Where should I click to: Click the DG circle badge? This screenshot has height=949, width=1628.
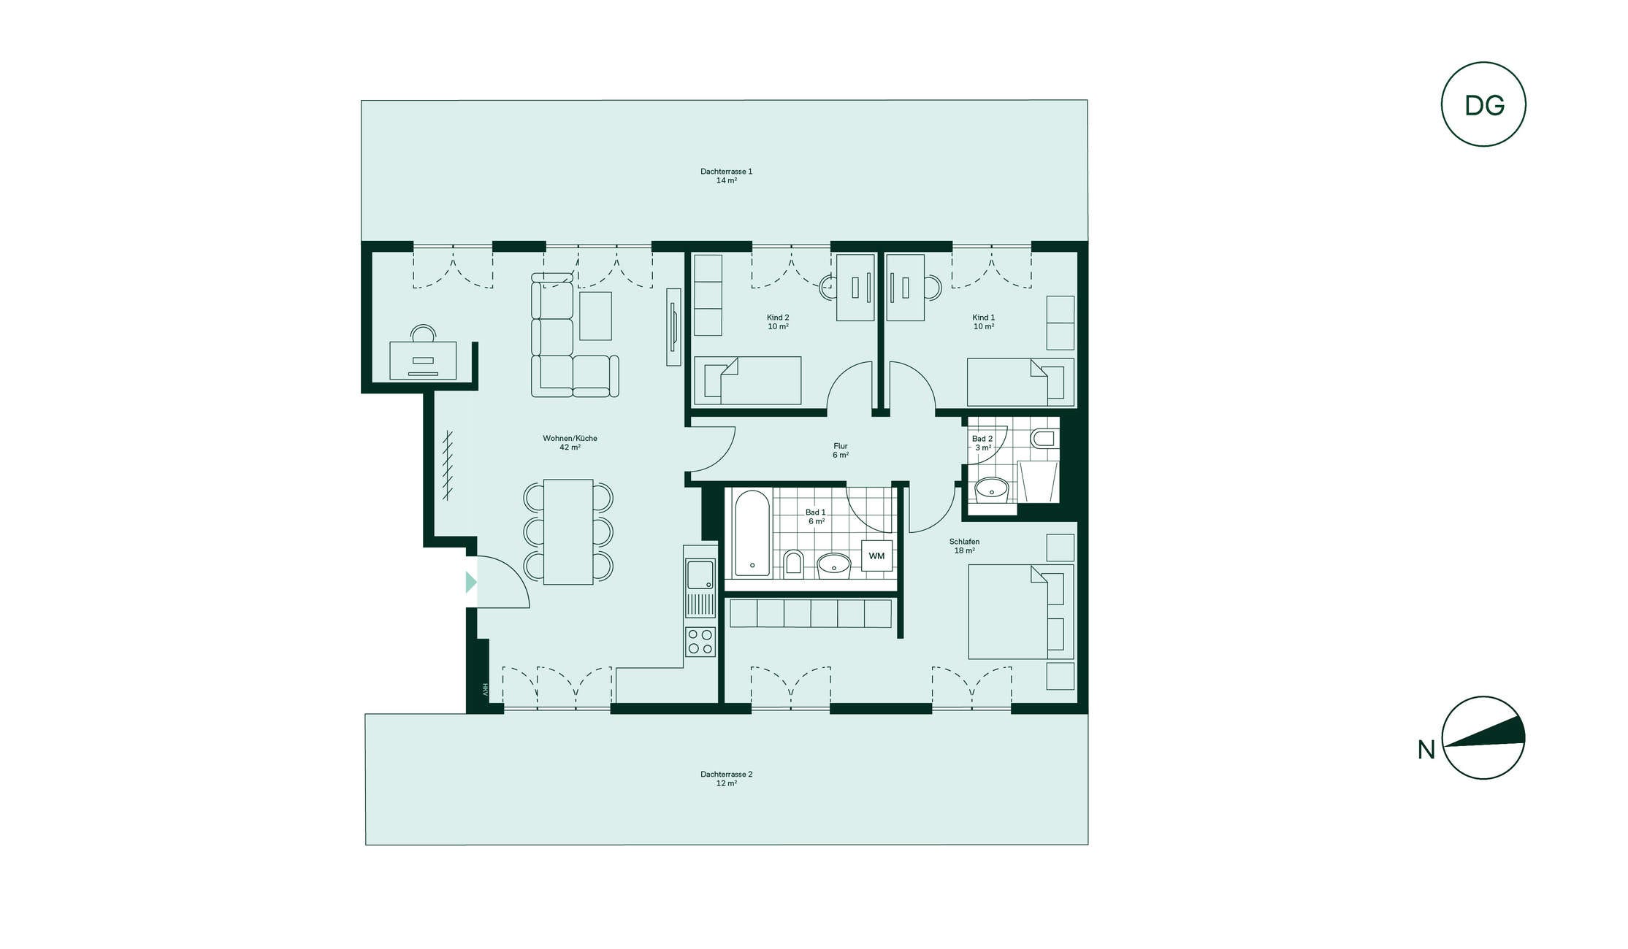(x=1483, y=104)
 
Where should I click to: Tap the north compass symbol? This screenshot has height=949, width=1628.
(x=1483, y=737)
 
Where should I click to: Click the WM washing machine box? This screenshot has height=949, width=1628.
(x=876, y=556)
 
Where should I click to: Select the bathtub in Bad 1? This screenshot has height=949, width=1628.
(x=752, y=533)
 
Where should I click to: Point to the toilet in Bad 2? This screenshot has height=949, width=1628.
(x=1043, y=439)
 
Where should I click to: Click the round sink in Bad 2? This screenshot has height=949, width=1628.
(x=992, y=488)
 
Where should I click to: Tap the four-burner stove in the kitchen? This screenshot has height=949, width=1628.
(x=700, y=642)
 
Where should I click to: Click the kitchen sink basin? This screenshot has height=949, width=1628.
(x=700, y=574)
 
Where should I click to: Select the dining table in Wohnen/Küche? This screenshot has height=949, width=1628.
(x=568, y=531)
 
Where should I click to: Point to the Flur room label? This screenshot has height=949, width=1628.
(x=841, y=450)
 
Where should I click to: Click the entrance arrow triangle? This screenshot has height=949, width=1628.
(x=471, y=582)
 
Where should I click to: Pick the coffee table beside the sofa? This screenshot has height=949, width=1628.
(x=595, y=315)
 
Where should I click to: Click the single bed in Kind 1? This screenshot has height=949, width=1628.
(x=1021, y=382)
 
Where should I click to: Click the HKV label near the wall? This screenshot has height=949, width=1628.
(x=484, y=689)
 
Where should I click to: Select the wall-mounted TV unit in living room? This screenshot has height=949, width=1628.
(x=673, y=327)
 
